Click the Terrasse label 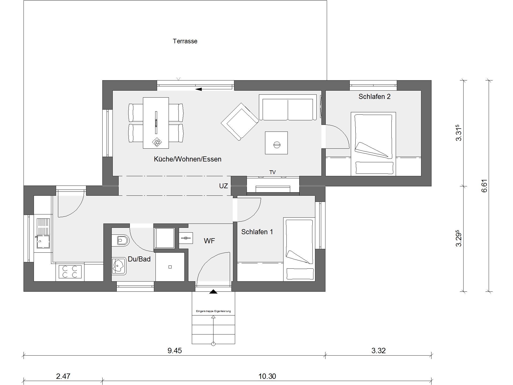click(185, 41)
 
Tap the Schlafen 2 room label click(374, 97)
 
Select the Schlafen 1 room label click(257, 232)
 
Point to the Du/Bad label click(139, 259)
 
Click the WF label click(209, 241)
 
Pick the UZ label click(223, 186)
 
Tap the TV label click(273, 172)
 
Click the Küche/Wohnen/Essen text click(188, 159)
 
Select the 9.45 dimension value click(174, 351)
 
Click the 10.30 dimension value click(267, 376)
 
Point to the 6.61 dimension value click(484, 186)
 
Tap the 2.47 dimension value click(63, 376)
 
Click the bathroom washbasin click(119, 266)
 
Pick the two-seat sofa click(287, 107)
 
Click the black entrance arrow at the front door click(213, 292)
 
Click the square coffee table click(276, 143)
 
